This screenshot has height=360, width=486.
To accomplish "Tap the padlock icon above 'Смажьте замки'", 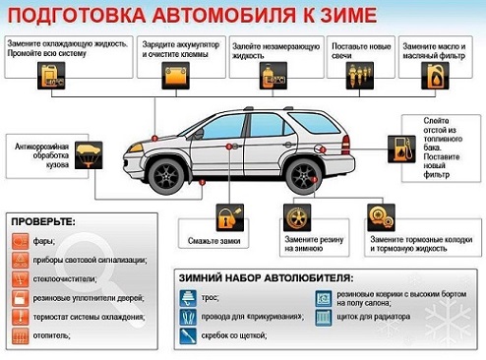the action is pyautogui.click(x=228, y=214).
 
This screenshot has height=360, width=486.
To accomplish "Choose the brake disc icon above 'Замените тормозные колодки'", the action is pyautogui.click(x=380, y=215).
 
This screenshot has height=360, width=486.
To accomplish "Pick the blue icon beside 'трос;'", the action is pyautogui.click(x=186, y=296).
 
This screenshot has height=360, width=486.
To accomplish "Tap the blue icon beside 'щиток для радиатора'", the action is pyautogui.click(x=323, y=317).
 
